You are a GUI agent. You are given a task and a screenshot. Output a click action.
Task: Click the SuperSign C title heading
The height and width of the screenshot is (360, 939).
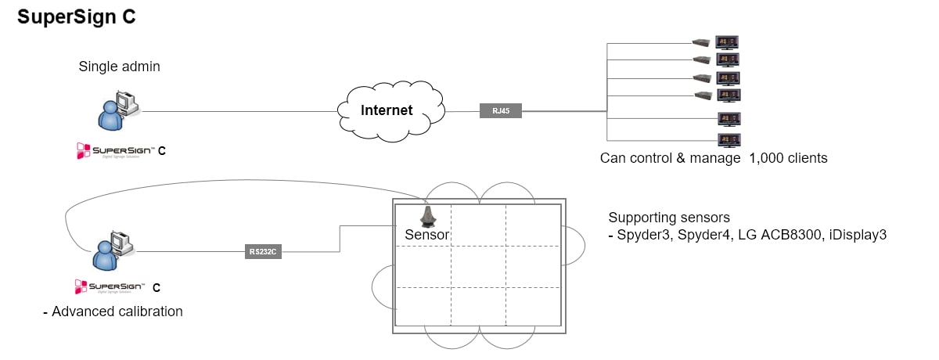tap(77, 18)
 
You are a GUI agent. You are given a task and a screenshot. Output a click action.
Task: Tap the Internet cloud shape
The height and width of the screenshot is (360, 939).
tap(387, 110)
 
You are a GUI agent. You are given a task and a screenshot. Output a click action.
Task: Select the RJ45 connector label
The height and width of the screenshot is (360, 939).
tap(501, 111)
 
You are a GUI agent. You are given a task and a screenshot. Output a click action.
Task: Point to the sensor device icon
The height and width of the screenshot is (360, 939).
tap(427, 215)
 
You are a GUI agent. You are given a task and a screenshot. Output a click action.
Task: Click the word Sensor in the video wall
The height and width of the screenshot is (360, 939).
tap(426, 234)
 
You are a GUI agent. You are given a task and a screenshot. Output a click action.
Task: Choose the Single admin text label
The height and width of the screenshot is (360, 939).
tap(119, 67)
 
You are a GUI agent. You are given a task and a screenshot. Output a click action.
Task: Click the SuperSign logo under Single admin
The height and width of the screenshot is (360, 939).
tap(114, 149)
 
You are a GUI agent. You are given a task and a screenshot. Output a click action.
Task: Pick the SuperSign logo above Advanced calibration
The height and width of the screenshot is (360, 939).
tap(114, 286)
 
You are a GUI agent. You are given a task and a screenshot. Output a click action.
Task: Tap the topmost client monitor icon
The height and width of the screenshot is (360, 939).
tap(729, 42)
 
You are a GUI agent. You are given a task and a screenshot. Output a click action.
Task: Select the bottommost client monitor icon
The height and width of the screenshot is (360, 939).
tap(729, 140)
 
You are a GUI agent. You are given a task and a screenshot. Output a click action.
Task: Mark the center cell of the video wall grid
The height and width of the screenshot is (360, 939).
tap(478, 267)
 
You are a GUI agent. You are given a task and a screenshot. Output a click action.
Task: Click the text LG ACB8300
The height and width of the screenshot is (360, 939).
tap(768, 234)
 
